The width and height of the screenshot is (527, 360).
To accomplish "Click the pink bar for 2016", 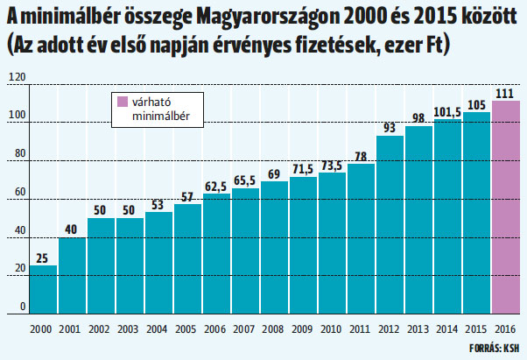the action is (x=506, y=208).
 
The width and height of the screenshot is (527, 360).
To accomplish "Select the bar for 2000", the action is (x=44, y=290).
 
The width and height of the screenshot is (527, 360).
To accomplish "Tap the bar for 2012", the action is (x=390, y=225).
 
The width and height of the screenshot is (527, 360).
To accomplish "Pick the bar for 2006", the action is (x=217, y=254).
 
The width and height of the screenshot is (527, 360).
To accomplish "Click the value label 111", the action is (x=505, y=94).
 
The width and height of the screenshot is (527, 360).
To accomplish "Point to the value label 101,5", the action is (x=447, y=112).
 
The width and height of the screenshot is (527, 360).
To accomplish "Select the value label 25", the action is (x=42, y=258).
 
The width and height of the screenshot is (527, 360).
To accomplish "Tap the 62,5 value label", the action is (x=215, y=187).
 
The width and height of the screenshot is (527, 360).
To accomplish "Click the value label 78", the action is (x=361, y=157).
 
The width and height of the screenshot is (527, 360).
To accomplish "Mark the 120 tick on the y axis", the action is (x=17, y=77).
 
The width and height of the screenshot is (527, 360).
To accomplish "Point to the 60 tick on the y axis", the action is (x=20, y=192).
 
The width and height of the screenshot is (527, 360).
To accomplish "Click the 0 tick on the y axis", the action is (x=23, y=307).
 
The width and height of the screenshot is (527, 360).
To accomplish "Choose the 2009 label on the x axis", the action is (x=302, y=329).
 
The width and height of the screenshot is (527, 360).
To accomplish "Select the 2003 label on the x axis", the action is (x=128, y=329).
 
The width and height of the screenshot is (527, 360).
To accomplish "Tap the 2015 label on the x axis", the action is (x=476, y=329).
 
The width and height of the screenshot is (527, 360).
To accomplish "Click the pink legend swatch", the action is (x=123, y=102).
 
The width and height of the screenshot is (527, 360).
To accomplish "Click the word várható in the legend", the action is (x=151, y=102).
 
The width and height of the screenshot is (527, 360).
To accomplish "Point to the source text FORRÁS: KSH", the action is (x=494, y=349).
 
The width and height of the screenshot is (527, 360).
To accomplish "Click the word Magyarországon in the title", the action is (x=268, y=17).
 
